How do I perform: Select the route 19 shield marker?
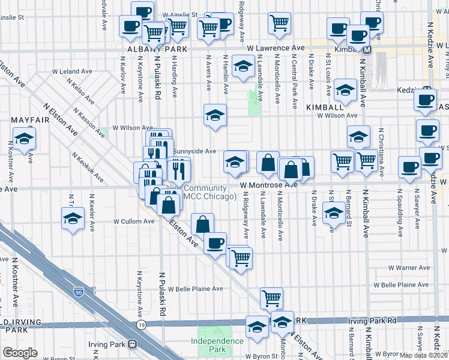pyautogui.click(x=142, y=325)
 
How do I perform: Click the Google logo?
pyautogui.click(x=20, y=353)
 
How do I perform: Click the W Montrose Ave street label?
pyautogui.click(x=269, y=185)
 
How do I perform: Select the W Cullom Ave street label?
pyautogui.click(x=134, y=221)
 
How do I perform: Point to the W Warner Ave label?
pyautogui.click(x=409, y=268)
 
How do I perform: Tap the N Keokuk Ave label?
pyautogui.click(x=87, y=167)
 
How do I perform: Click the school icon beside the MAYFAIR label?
pyautogui.click(x=25, y=139)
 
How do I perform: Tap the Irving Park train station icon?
pyautogui.click(x=131, y=344)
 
